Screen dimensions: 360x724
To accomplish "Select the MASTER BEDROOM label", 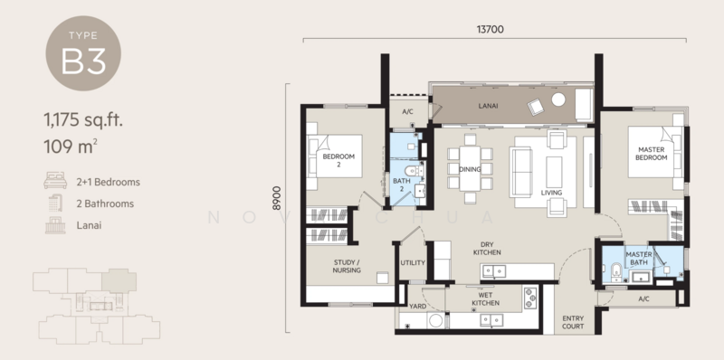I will pyautogui.click(x=651, y=154).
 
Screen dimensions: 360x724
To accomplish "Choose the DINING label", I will pyautogui.click(x=469, y=168).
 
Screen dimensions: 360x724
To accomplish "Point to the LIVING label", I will pyautogui.click(x=552, y=193).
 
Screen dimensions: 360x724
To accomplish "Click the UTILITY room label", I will pyautogui.click(x=412, y=263).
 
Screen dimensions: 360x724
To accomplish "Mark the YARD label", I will pyautogui.click(x=417, y=307).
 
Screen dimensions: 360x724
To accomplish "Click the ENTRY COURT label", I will pyautogui.click(x=574, y=322).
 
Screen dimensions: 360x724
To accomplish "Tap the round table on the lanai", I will pyautogui.click(x=558, y=99).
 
